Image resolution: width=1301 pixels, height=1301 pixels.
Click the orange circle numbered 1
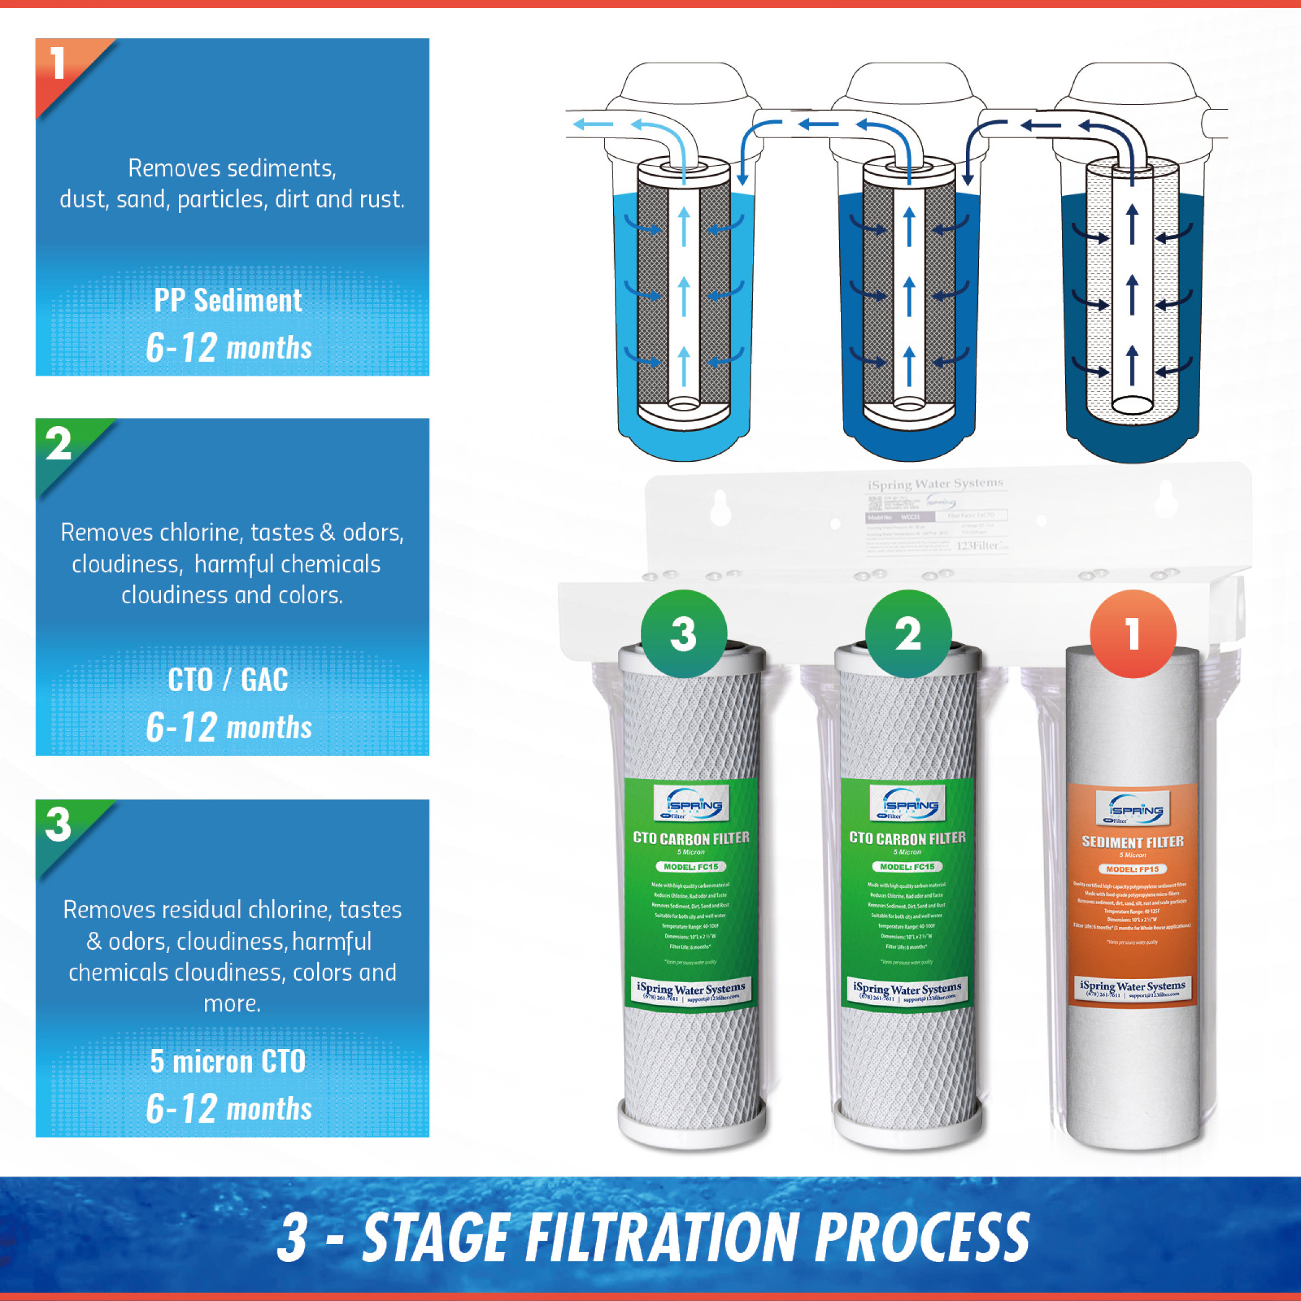(1132, 634)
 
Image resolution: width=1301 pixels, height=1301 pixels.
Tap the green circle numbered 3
(684, 634)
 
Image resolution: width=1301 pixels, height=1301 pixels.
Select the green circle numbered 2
(908, 634)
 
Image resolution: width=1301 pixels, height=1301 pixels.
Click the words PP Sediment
(228, 300)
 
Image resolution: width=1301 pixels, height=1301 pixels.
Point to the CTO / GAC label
(228, 680)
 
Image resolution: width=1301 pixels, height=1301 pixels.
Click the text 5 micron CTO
(228, 1062)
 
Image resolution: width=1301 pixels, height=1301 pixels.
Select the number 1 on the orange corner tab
(58, 64)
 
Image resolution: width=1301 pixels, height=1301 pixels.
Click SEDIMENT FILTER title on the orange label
(1132, 842)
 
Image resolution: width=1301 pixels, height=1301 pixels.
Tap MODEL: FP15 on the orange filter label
(1132, 868)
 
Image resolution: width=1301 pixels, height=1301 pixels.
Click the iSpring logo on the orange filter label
(1132, 809)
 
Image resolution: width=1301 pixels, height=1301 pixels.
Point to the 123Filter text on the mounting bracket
(982, 545)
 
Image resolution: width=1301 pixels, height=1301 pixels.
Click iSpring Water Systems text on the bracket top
(935, 484)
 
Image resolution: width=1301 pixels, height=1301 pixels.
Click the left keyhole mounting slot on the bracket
(720, 508)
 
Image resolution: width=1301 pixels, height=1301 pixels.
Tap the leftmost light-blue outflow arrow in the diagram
(592, 124)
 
